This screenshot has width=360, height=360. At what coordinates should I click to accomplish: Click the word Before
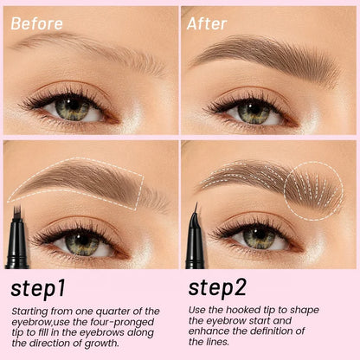(36, 23)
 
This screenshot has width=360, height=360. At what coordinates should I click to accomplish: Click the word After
(207, 23)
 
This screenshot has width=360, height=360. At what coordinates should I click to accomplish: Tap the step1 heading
(38, 289)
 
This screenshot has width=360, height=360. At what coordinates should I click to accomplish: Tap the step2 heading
(217, 287)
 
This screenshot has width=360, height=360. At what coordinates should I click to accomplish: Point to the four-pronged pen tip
(17, 210)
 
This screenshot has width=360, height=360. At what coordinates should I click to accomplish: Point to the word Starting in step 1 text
(29, 312)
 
